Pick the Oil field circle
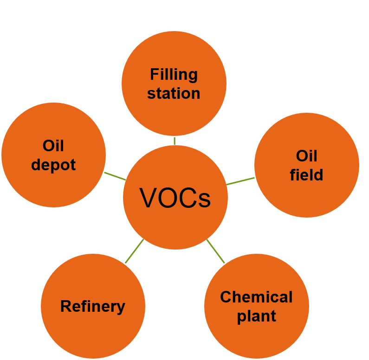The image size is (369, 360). pos(307,195)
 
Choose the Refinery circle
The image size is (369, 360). pos(93,329)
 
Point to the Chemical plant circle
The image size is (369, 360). pos(257,334)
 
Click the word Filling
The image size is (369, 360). pos(174,74)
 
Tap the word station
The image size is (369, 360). pos(174,93)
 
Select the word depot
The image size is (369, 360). pos(53,165)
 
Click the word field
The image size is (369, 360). pos(306,175)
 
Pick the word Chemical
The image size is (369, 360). pos(256,297)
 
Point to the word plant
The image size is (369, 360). pos(257,316)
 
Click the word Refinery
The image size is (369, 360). pos(93,306)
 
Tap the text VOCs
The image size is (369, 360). pos(175,199)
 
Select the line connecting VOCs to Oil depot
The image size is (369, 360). pos(115,176)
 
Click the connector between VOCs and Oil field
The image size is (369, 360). pos(240,181)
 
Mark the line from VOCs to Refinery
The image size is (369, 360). pos(134,251)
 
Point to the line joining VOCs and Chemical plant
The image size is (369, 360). pos(215,251)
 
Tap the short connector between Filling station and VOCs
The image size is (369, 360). pos(174,141)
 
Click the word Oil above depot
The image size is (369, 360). pos(53,146)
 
